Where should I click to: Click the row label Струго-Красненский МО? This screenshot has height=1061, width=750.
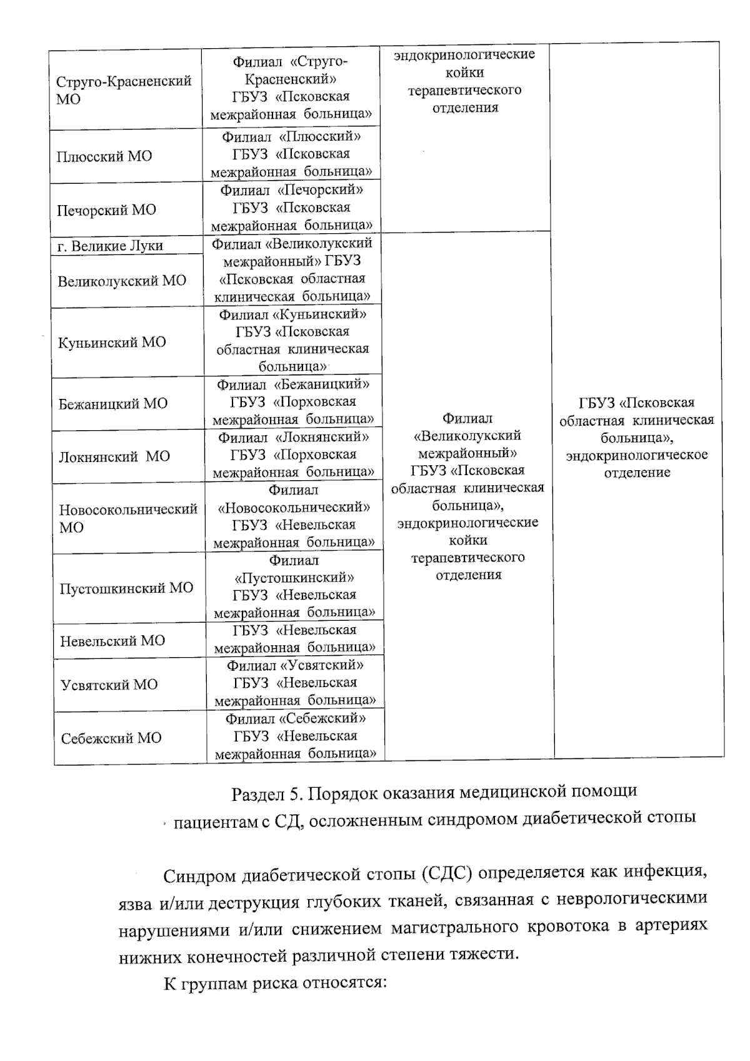[124, 90]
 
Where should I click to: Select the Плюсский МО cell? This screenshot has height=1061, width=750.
[104, 156]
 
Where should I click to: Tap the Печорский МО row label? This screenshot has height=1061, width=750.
[106, 210]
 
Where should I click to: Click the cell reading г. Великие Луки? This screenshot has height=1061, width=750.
[110, 246]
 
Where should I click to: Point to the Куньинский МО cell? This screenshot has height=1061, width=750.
[112, 342]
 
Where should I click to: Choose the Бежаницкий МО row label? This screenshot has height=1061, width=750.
[113, 403]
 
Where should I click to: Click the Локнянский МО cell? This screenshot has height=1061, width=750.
[114, 456]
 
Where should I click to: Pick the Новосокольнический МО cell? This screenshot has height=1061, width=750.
[128, 518]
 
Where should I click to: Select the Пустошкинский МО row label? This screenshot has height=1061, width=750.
[126, 588]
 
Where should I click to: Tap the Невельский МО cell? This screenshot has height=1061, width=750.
[112, 641]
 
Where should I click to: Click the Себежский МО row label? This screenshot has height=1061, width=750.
[111, 738]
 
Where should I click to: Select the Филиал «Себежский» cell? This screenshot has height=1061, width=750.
[296, 737]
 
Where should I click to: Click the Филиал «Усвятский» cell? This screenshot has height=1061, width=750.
[295, 683]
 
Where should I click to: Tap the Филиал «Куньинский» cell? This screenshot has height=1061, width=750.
[292, 340]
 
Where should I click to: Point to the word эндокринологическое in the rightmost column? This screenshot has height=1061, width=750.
[637, 455]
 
